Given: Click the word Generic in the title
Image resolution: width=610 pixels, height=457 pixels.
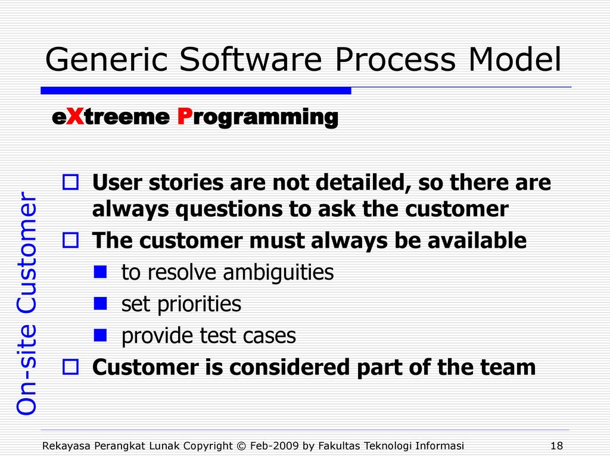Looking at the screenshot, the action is tap(106, 59).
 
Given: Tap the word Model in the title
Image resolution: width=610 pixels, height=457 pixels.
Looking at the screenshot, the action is tap(515, 59).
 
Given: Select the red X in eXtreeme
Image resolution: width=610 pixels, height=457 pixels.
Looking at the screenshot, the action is tap(75, 116).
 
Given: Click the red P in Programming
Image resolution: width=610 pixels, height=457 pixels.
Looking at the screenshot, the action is tap(185, 116).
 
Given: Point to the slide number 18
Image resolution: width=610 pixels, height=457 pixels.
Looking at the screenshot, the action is tap(557, 445).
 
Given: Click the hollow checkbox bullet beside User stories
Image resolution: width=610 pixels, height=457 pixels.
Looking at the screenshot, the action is tap(70, 182).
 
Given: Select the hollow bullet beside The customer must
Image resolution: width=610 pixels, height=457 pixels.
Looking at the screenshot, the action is tap(70, 240).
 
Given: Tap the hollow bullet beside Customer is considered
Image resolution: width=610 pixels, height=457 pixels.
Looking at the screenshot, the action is tap(70, 367).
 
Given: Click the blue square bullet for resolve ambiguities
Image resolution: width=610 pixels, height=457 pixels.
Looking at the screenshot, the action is tap(100, 271).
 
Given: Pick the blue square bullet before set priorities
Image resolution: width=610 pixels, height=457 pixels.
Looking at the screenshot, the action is tap(100, 303).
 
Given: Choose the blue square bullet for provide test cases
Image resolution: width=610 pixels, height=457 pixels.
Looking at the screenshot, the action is tap(100, 335).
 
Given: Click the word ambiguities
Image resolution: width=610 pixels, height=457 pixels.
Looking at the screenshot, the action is tap(278, 273).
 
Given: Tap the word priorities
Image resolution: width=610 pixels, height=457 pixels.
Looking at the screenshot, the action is tap(199, 304).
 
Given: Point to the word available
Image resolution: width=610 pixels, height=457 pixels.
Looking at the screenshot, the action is tap(477, 240).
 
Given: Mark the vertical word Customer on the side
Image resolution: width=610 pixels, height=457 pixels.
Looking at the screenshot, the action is tap(26, 252).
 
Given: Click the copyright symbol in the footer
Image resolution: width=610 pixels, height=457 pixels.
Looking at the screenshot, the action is tap(241, 446).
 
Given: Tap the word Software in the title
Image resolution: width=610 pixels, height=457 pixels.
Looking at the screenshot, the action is tap(251, 59).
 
